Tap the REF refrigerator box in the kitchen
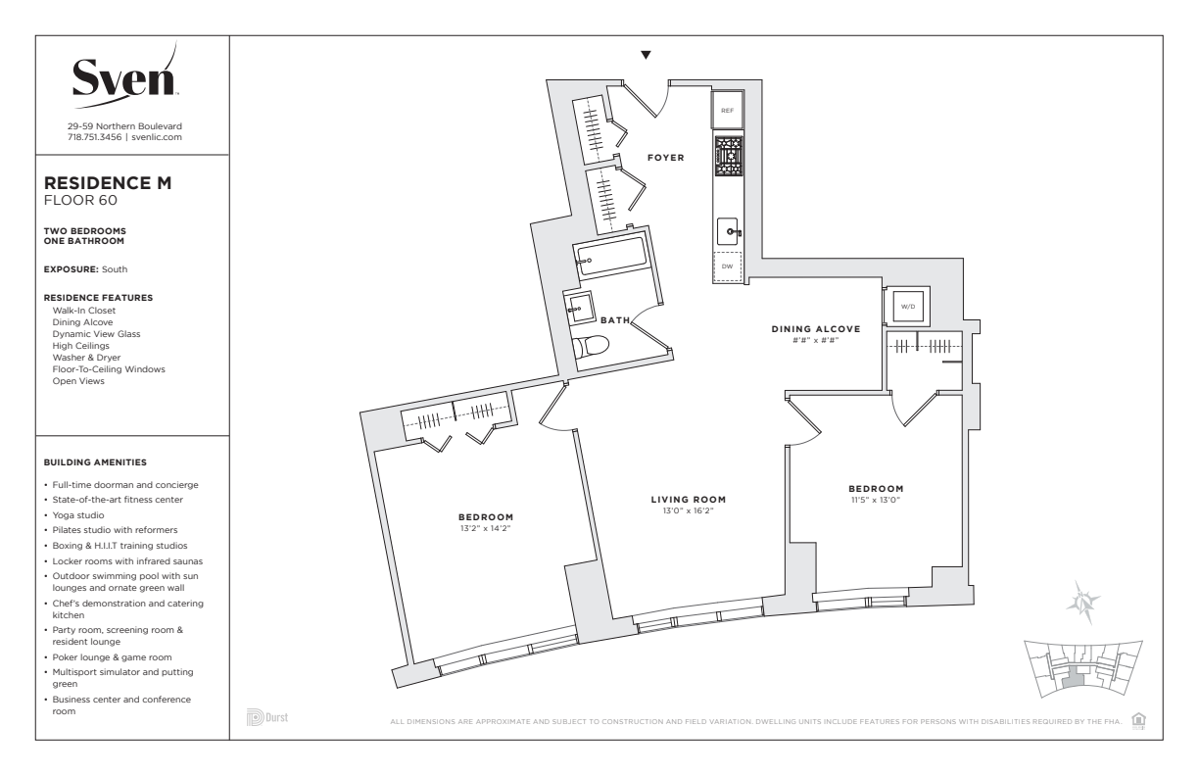pyautogui.click(x=727, y=110)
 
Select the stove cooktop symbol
pyautogui.click(x=729, y=156)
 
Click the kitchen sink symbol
pyautogui.click(x=728, y=231)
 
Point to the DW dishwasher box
pyautogui.click(x=727, y=267)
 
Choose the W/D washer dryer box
pyautogui.click(x=908, y=307)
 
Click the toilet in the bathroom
pyautogui.click(x=591, y=346)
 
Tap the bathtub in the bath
pyautogui.click(x=611, y=258)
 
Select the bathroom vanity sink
pyautogui.click(x=579, y=308)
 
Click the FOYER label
pyautogui.click(x=666, y=158)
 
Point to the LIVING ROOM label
pyautogui.click(x=689, y=500)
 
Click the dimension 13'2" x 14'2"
pyautogui.click(x=485, y=528)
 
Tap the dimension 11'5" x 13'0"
pyautogui.click(x=876, y=501)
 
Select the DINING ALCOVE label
pyautogui.click(x=816, y=329)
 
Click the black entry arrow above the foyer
pyautogui.click(x=647, y=55)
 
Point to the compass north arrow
pyautogui.click(x=1083, y=602)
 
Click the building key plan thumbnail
pyautogui.click(x=1082, y=669)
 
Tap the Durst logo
pyautogui.click(x=267, y=717)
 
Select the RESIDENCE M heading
pyautogui.click(x=108, y=183)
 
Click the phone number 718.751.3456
pyautogui.click(x=94, y=137)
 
